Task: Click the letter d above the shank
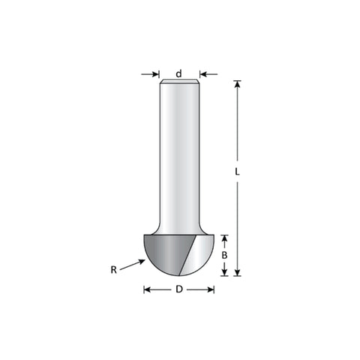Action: coord(178,73)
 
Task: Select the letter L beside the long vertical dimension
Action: coord(237,172)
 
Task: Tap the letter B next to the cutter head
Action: coord(224,255)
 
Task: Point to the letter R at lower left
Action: coord(114,270)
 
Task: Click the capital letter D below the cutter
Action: coord(179,289)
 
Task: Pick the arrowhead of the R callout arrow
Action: coord(142,262)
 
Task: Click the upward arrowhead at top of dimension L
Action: coord(237,84)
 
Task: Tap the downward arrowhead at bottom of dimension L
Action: coord(237,272)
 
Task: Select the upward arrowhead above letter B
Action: coord(224,238)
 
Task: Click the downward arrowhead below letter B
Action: coord(224,272)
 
